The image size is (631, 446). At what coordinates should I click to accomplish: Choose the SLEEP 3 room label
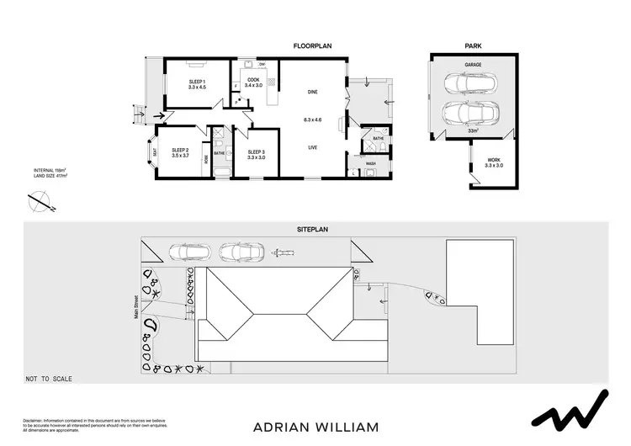257,151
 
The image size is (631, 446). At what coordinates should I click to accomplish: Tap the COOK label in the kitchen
253,80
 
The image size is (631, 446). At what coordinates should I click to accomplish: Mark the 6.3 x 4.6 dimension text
312,119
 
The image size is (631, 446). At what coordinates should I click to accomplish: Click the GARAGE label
473,64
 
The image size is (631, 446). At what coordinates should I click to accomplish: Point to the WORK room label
493,162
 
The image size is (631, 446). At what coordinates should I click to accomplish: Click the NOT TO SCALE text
49,379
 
